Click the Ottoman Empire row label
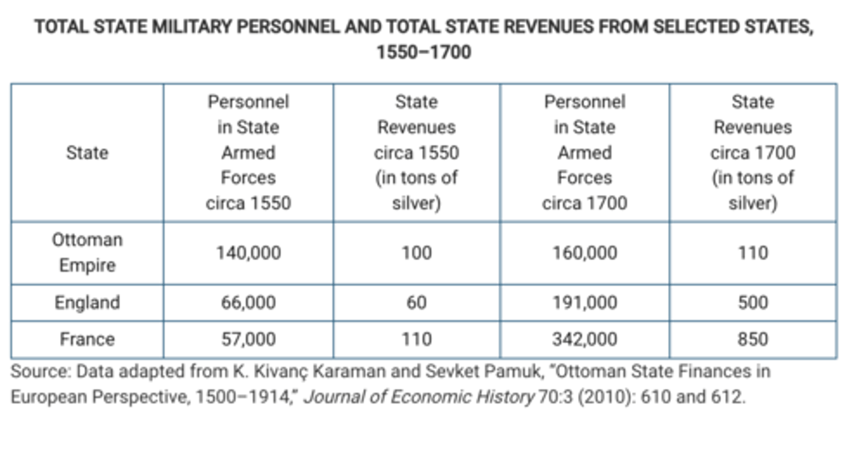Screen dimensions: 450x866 [87, 253]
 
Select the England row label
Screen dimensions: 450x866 [87, 302]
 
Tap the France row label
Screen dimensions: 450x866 [87, 339]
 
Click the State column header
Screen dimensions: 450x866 [87, 153]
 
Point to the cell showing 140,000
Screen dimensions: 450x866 [248, 253]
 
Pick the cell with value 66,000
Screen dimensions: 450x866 [248, 302]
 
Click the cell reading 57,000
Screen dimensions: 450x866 [248, 339]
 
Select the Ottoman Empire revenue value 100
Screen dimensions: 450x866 [416, 253]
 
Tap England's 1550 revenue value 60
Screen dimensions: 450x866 [416, 302]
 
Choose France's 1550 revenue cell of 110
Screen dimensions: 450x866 [416, 339]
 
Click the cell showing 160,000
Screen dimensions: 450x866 [585, 253]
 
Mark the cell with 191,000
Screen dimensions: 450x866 [585, 302]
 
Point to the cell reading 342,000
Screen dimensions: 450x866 [585, 339]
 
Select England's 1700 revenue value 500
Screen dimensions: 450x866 [752, 302]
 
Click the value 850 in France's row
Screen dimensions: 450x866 [752, 339]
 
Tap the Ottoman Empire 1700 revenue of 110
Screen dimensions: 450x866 [752, 253]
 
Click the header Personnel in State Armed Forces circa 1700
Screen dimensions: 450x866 [585, 153]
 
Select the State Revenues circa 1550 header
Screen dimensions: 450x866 [416, 153]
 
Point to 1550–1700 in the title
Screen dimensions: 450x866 [423, 52]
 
